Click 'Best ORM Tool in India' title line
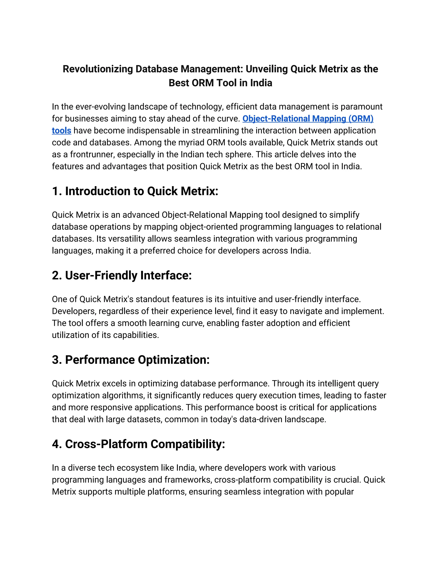click(x=220, y=83)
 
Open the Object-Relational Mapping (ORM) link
click(x=308, y=119)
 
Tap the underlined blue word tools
click(x=61, y=130)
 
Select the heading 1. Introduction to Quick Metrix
click(x=135, y=191)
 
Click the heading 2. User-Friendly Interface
click(x=122, y=275)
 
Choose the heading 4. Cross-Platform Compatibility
click(x=138, y=444)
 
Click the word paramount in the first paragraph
click(x=361, y=107)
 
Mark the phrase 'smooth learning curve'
click(x=160, y=323)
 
